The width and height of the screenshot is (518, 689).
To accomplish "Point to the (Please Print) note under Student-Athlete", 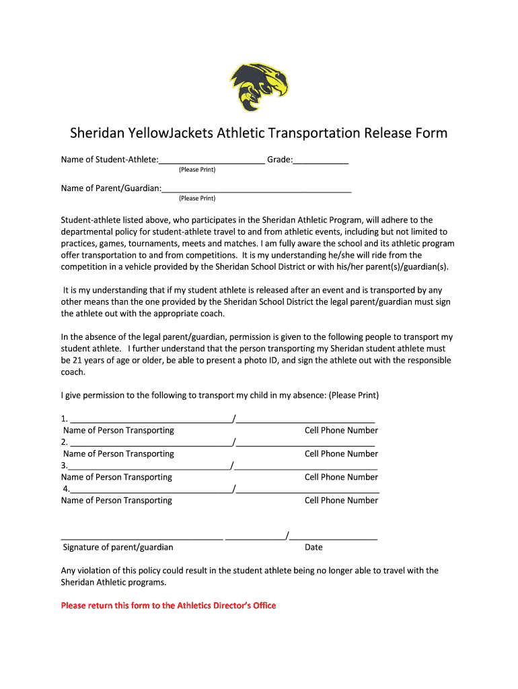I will [x=197, y=170].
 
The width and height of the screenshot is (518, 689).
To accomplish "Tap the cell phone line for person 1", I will [x=305, y=420].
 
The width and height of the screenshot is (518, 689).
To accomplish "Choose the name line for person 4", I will [x=149, y=490].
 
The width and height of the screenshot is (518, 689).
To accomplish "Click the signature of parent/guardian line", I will [x=141, y=537].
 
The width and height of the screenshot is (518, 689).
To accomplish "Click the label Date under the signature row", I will [x=313, y=548].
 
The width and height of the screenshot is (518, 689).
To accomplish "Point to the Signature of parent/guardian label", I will [x=118, y=548].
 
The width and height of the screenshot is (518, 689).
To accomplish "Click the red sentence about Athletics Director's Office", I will [x=168, y=606].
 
